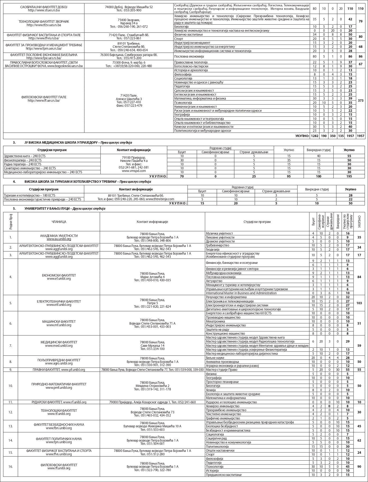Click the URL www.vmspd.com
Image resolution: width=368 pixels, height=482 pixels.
pyautogui.click(x=134, y=171)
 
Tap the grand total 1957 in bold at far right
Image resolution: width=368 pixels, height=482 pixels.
pyautogui.click(x=360, y=136)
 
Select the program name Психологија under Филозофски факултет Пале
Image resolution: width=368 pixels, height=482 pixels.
pyautogui.click(x=183, y=102)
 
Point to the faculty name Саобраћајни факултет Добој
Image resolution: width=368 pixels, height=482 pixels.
pyautogui.click(x=44, y=7)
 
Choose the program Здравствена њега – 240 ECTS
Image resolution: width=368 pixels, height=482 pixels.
pyautogui.click(x=25, y=156)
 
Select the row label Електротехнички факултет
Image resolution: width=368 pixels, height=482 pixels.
pyautogui.click(x=59, y=301)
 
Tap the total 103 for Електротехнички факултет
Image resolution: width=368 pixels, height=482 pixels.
pyautogui.click(x=359, y=303)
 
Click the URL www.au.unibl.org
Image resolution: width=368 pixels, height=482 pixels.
pyautogui.click(x=59, y=239)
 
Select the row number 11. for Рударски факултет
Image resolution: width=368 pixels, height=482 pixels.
pyautogui.click(x=11, y=402)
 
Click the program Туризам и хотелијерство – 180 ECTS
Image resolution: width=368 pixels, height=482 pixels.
pyautogui.click(x=30, y=195)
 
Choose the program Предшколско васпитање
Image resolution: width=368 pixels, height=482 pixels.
pyautogui.click(x=224, y=475)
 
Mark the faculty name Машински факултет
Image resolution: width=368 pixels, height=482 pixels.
pyautogui.click(x=59, y=321)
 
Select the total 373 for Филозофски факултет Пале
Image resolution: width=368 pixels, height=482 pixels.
pyautogui.click(x=360, y=100)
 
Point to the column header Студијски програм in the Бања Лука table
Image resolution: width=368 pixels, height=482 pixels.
pyautogui.click(x=257, y=222)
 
